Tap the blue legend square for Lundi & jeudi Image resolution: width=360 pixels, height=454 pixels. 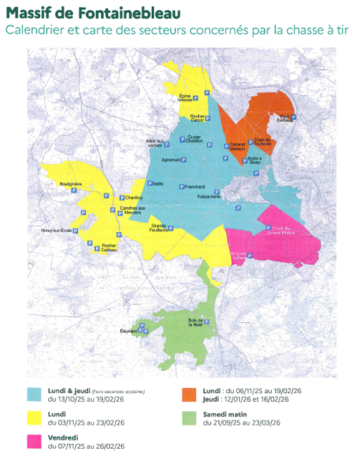pos(34,395)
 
